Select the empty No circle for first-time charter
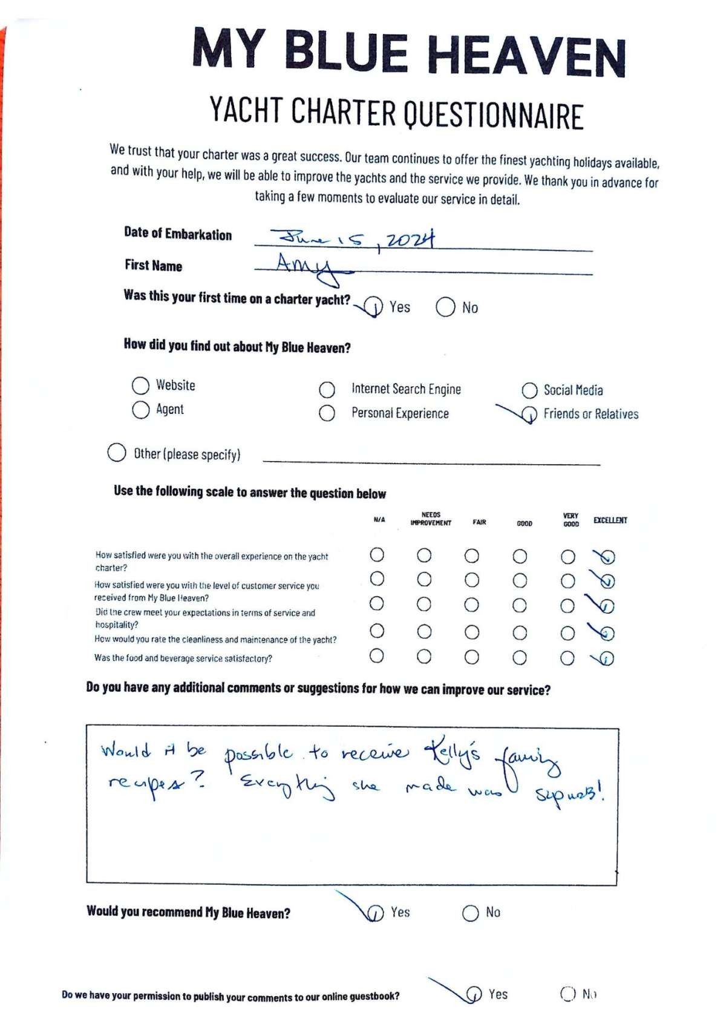click(x=445, y=307)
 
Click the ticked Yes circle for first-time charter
click(x=374, y=307)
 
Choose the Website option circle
click(x=140, y=386)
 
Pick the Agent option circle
click(x=140, y=410)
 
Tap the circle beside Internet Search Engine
click(x=327, y=389)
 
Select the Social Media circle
click(x=529, y=390)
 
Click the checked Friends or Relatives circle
click(x=529, y=415)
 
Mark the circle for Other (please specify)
click(x=116, y=453)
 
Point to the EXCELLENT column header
click(x=610, y=520)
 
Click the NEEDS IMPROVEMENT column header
click(x=431, y=519)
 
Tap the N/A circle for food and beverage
click(x=376, y=655)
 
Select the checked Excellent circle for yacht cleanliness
click(x=607, y=633)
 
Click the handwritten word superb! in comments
click(x=569, y=792)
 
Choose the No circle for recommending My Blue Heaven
click(x=470, y=913)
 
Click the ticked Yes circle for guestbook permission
click(x=474, y=994)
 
